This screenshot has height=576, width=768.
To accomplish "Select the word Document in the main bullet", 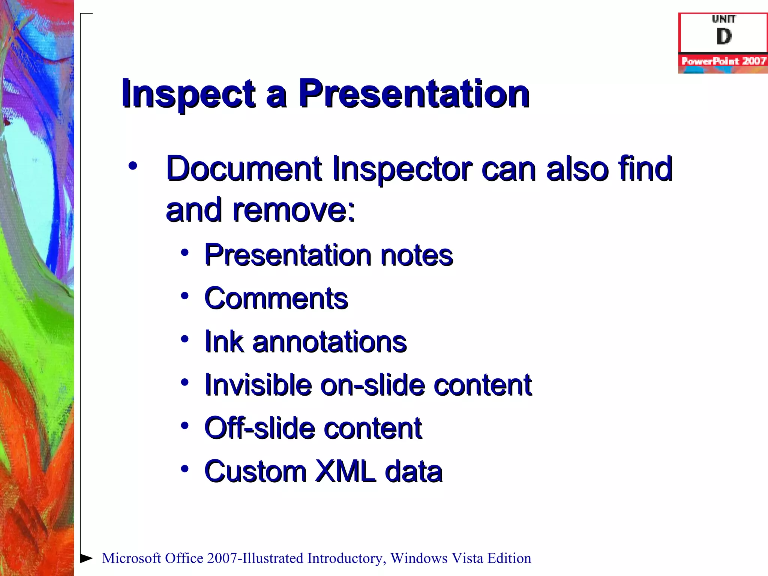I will coord(244,169).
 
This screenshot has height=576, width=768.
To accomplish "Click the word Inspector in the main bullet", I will coord(402,169).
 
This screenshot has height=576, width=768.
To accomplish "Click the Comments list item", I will coord(276,299).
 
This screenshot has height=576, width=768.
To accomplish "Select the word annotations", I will coord(330,342).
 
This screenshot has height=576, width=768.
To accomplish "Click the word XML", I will coord(345,471).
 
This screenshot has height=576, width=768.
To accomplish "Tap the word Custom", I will coord(255,471).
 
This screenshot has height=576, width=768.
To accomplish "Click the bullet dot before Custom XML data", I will coord(184,469).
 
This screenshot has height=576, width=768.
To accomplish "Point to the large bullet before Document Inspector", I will coord(132,166).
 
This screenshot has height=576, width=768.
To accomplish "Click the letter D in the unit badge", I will coord(724,36).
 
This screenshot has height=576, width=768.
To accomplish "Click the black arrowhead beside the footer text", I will coord(86,558).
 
